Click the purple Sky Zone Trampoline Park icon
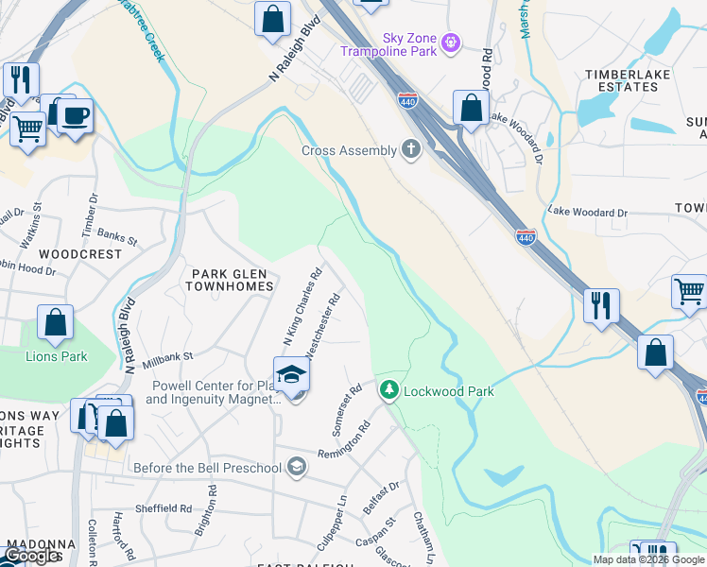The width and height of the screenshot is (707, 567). click(x=451, y=43)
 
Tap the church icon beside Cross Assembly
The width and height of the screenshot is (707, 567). click(x=410, y=149)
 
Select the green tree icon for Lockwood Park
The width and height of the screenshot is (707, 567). click(x=388, y=389)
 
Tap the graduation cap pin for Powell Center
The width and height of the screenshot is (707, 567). click(x=292, y=376)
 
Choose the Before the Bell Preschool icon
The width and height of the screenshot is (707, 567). click(x=297, y=467)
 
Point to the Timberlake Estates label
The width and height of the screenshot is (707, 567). click(x=621, y=80)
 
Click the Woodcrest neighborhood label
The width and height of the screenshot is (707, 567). click(x=80, y=254)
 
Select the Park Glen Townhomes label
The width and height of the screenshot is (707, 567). click(x=233, y=279)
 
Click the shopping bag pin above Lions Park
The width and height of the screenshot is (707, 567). click(x=56, y=323)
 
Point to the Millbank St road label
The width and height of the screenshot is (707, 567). click(x=167, y=359)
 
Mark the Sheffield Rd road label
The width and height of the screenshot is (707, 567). click(x=164, y=507)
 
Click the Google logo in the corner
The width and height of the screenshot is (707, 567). click(x=31, y=557)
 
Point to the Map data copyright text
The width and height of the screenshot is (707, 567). click(x=648, y=559)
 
